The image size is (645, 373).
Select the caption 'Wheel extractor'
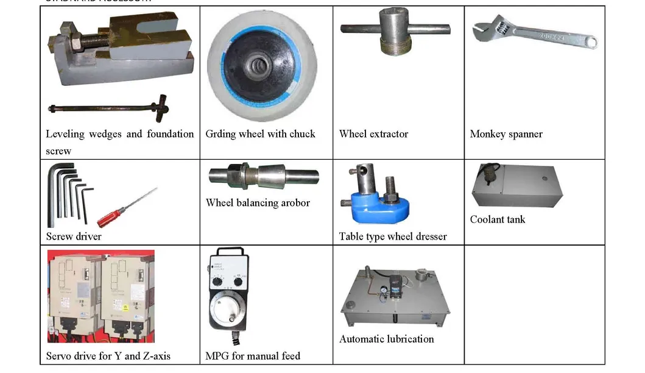(x=373, y=134)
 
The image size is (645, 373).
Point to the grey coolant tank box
(x=516, y=186)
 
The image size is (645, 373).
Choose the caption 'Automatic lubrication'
(x=386, y=339)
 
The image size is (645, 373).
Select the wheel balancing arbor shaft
(x=263, y=176)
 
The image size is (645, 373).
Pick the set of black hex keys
(x=68, y=196)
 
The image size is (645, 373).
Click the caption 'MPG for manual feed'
(x=253, y=356)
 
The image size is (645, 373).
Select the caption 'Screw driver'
(x=74, y=236)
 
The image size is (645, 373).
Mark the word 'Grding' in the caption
(x=220, y=134)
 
